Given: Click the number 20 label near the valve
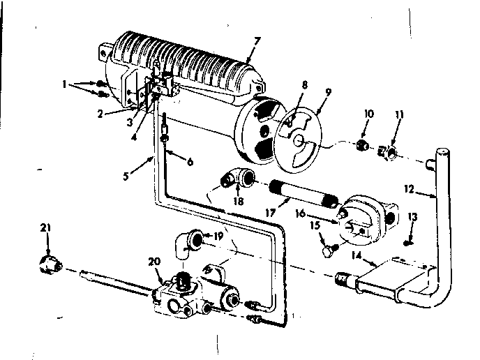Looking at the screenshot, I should [155, 262].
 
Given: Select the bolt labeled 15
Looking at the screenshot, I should [327, 246].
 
